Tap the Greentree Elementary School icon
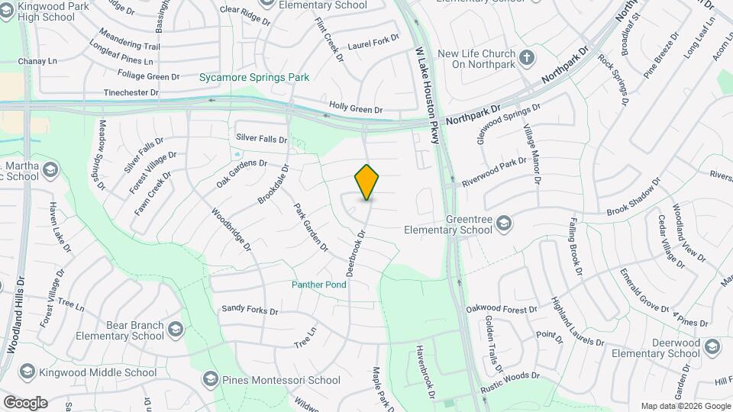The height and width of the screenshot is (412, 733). point(504,224)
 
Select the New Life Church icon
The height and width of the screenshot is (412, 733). point(527,58)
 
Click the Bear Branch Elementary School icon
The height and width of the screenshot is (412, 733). point(176,330)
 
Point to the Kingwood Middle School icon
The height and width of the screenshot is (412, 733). point(27,372)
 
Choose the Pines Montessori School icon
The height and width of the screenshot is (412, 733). point(210,379)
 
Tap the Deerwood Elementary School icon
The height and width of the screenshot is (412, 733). point(712,348)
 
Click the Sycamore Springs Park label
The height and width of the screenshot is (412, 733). point(254,77)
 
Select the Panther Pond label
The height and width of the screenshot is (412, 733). point(318,285)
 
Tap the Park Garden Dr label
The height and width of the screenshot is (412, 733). point(312,227)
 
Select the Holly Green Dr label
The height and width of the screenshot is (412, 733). point(356,109)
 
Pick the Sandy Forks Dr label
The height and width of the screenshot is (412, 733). point(250,310)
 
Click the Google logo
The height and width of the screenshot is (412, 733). point(25,402)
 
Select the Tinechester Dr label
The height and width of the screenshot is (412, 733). point(131,92)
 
